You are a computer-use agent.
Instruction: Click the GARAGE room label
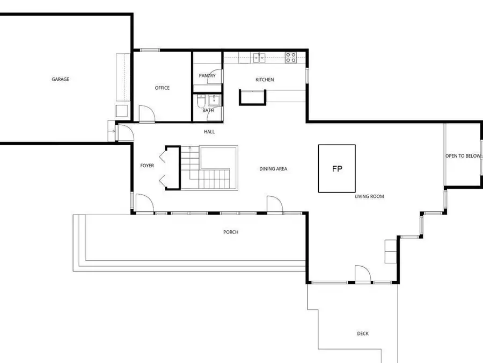pyautogui.click(x=60, y=80)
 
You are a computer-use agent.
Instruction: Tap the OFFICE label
pyautogui.click(x=162, y=88)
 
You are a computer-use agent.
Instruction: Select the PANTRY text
pyautogui.click(x=207, y=76)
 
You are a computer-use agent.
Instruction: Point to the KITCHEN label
pyautogui.click(x=265, y=80)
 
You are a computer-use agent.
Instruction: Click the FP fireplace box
pyautogui.click(x=336, y=168)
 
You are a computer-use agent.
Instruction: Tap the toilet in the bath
pyautogui.click(x=201, y=101)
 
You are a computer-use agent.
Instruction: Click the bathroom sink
pyautogui.click(x=214, y=101)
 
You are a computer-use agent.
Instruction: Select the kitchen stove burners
pyautogui.click(x=290, y=58)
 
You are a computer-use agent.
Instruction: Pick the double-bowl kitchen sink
pyautogui.click(x=259, y=58)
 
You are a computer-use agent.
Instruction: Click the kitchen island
pyautogui.click(x=253, y=97)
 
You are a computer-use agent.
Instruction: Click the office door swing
pyautogui.click(x=147, y=114)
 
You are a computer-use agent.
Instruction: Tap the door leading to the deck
pyautogui.click(x=363, y=274)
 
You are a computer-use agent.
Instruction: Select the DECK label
pyautogui.click(x=363, y=333)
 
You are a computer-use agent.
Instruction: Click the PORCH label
pyautogui.click(x=231, y=232)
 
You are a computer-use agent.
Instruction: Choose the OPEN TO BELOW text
pyautogui.click(x=463, y=156)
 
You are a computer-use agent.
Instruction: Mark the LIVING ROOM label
pyautogui.click(x=369, y=196)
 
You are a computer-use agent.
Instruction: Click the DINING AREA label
pyautogui.click(x=273, y=169)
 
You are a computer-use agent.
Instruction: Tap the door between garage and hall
pyautogui.click(x=126, y=132)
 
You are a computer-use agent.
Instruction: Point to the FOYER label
pyautogui.click(x=147, y=166)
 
